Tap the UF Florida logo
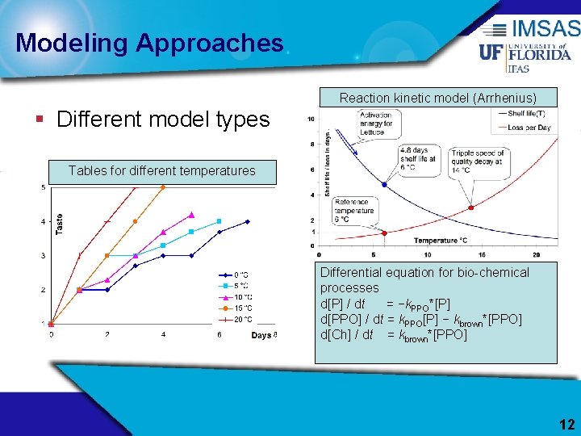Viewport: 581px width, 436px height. click(x=525, y=53)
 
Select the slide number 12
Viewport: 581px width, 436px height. click(x=566, y=425)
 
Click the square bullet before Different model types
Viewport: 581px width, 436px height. click(x=40, y=120)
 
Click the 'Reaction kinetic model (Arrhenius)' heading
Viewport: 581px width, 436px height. click(x=437, y=98)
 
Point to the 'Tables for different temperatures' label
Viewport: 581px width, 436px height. click(x=161, y=170)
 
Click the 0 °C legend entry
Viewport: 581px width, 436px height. click(x=238, y=275)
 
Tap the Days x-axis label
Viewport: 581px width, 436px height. click(x=261, y=335)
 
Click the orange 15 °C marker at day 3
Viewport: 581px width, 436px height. click(x=135, y=221)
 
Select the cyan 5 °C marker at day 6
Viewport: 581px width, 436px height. click(x=219, y=221)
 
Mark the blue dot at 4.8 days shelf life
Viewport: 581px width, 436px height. click(x=384, y=185)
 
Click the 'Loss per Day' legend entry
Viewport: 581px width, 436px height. click(x=528, y=128)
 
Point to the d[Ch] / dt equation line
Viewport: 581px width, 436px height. click(x=394, y=334)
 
